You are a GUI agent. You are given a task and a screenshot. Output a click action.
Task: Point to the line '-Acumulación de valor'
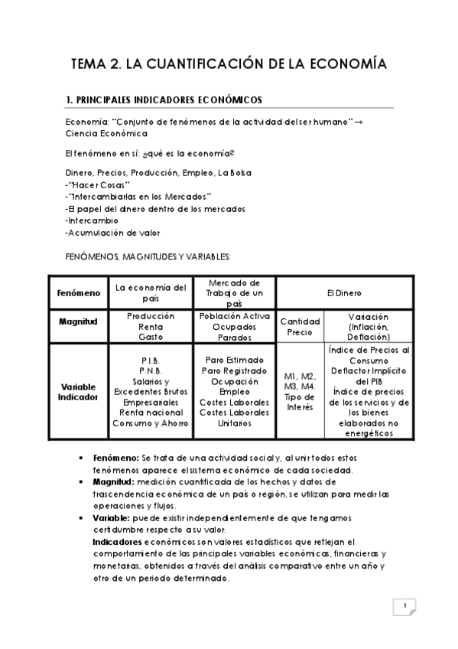(x=112, y=233)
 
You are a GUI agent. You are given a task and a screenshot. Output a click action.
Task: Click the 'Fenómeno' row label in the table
(x=77, y=292)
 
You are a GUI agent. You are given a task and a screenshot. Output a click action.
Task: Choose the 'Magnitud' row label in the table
(x=77, y=321)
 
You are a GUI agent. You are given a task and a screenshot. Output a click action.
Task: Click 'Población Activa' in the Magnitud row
(x=234, y=316)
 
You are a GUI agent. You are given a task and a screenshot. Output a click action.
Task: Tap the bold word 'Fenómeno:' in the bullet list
(x=116, y=457)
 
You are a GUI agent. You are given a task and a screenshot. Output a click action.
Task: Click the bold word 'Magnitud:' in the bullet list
(x=115, y=482)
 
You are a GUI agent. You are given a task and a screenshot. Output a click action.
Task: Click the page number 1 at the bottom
(x=404, y=607)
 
